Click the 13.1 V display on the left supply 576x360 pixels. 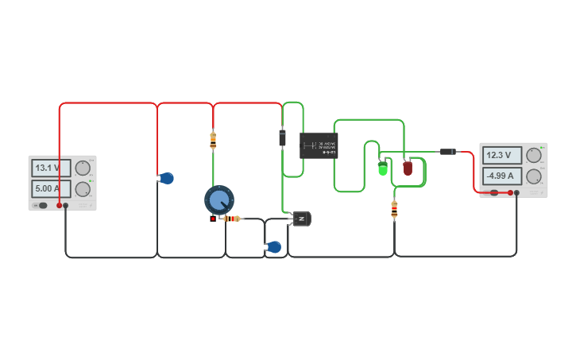[x=51, y=168]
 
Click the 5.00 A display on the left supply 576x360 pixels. [x=51, y=188]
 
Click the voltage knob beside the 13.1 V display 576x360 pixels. [x=83, y=168]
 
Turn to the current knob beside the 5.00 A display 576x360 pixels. [x=83, y=189]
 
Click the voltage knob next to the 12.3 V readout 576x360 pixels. [x=534, y=156]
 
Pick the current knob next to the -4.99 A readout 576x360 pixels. [x=534, y=176]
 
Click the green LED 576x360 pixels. [x=383, y=168]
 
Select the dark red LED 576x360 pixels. [x=408, y=168]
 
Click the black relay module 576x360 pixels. [x=319, y=145]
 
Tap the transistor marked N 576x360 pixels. [x=301, y=219]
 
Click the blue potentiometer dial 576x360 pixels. [x=218, y=199]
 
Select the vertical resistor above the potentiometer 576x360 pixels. [x=213, y=141]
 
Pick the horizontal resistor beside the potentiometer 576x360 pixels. [x=231, y=219]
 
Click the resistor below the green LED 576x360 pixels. [x=394, y=210]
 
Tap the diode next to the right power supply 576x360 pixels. [x=448, y=151]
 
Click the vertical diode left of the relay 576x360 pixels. [x=282, y=137]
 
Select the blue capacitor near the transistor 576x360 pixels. [x=274, y=247]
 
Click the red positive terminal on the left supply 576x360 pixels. [x=59, y=205]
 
